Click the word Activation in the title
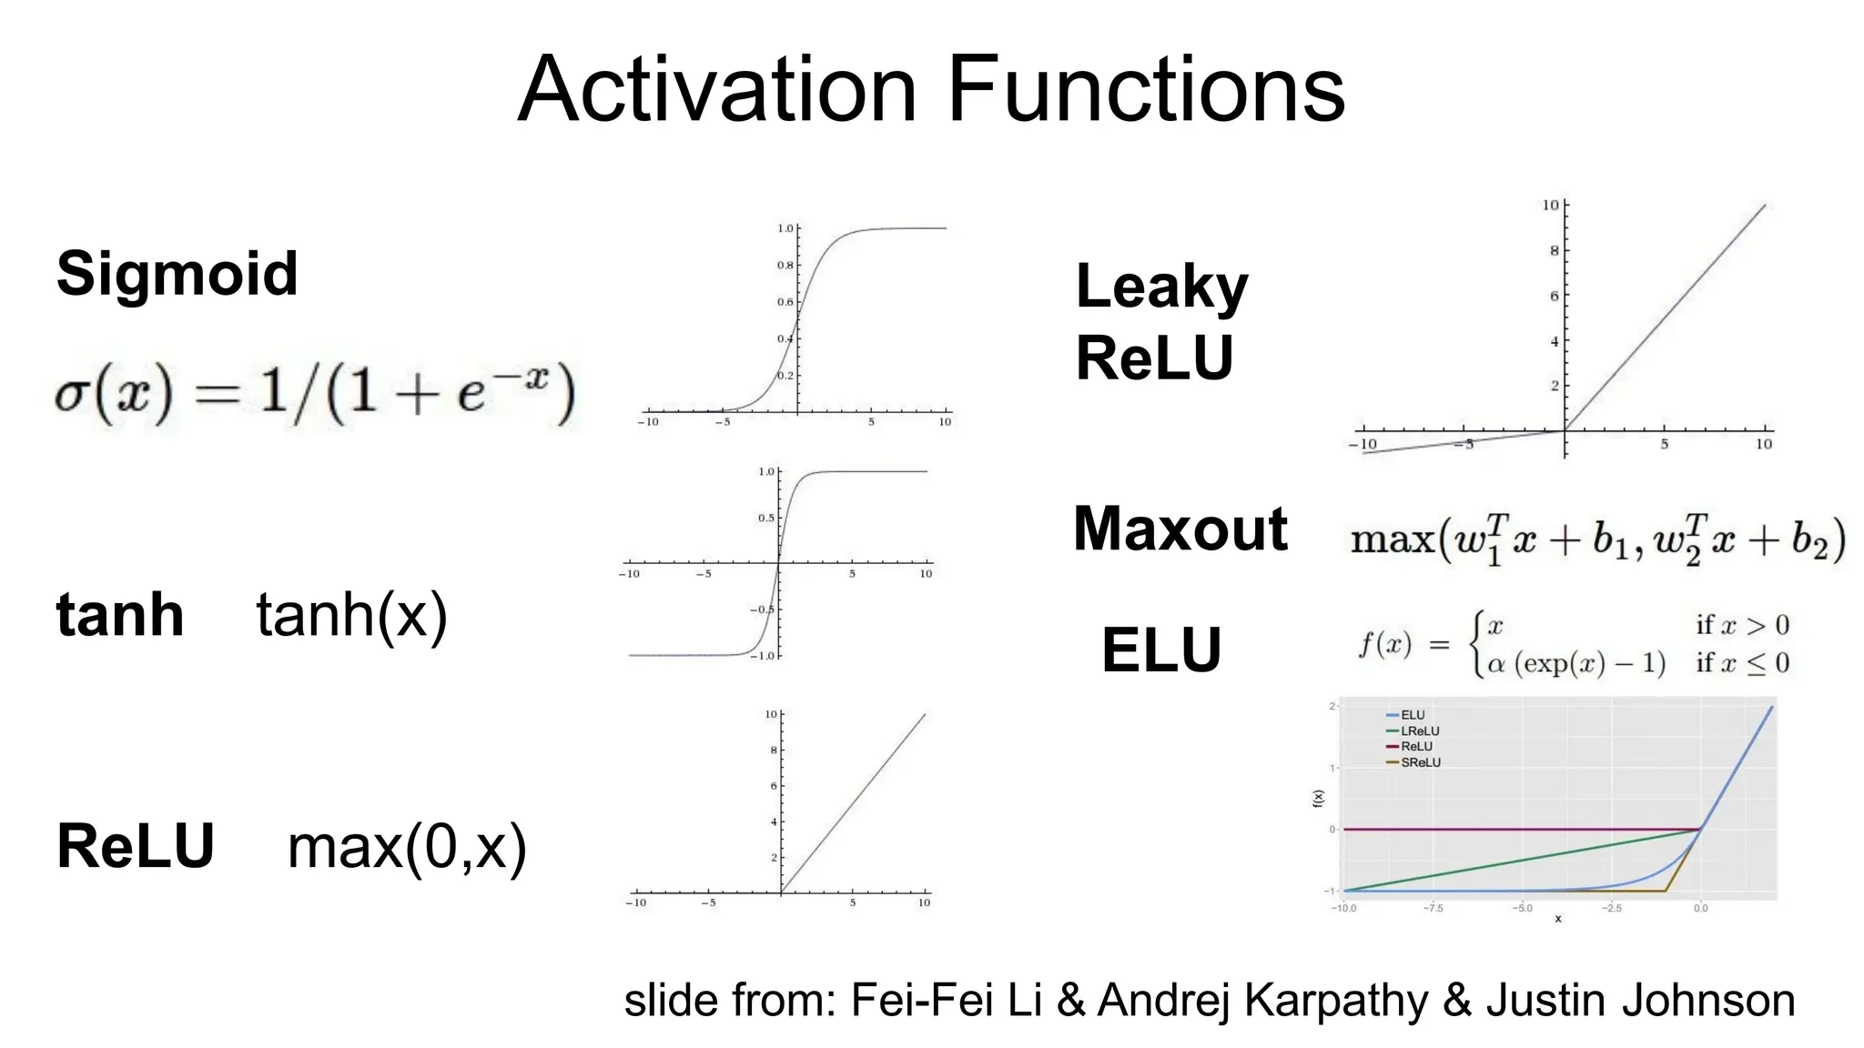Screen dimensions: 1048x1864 (717, 89)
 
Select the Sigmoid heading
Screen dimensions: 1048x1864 (177, 273)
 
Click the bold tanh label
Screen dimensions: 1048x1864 (119, 615)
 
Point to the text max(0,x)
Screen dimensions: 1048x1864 (407, 847)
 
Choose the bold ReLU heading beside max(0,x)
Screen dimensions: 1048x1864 (135, 846)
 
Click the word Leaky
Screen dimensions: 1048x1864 (1161, 287)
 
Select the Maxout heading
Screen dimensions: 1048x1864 (1180, 529)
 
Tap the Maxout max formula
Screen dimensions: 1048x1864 (1597, 540)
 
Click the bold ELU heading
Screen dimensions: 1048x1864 (1160, 650)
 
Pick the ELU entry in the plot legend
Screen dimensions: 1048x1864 (1413, 715)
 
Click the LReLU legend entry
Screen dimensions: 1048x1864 (1420, 731)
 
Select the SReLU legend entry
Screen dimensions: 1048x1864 (1420, 762)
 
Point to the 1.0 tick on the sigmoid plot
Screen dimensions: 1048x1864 (785, 228)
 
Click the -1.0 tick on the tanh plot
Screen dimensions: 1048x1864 (764, 656)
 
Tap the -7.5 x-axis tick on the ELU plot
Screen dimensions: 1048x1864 (1433, 908)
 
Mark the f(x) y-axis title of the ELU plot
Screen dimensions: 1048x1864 (1318, 798)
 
